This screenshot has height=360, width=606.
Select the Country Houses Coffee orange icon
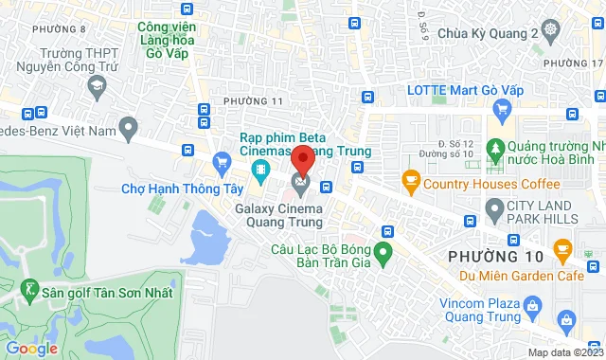coord(411,178)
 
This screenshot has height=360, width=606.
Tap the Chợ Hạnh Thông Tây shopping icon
coord(222,162)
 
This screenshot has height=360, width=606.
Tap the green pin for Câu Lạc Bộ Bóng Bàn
coord(383,253)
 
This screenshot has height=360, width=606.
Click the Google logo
coord(31,348)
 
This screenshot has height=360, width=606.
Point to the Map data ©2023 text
coord(563,353)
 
